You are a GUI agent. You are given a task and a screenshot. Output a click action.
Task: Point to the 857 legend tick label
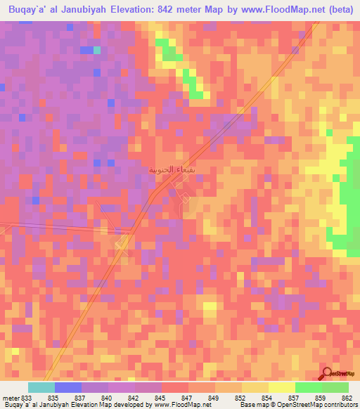tap(295, 399)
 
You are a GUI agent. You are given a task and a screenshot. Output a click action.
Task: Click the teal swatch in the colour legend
tap(41, 387)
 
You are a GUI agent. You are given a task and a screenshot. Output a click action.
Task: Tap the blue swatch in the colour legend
tap(68, 387)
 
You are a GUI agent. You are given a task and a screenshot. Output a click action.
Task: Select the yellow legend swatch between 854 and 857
tap(282, 387)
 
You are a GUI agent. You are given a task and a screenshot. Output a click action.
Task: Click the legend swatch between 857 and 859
tap(309, 387)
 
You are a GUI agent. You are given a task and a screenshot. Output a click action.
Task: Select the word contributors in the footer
tap(337, 405)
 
